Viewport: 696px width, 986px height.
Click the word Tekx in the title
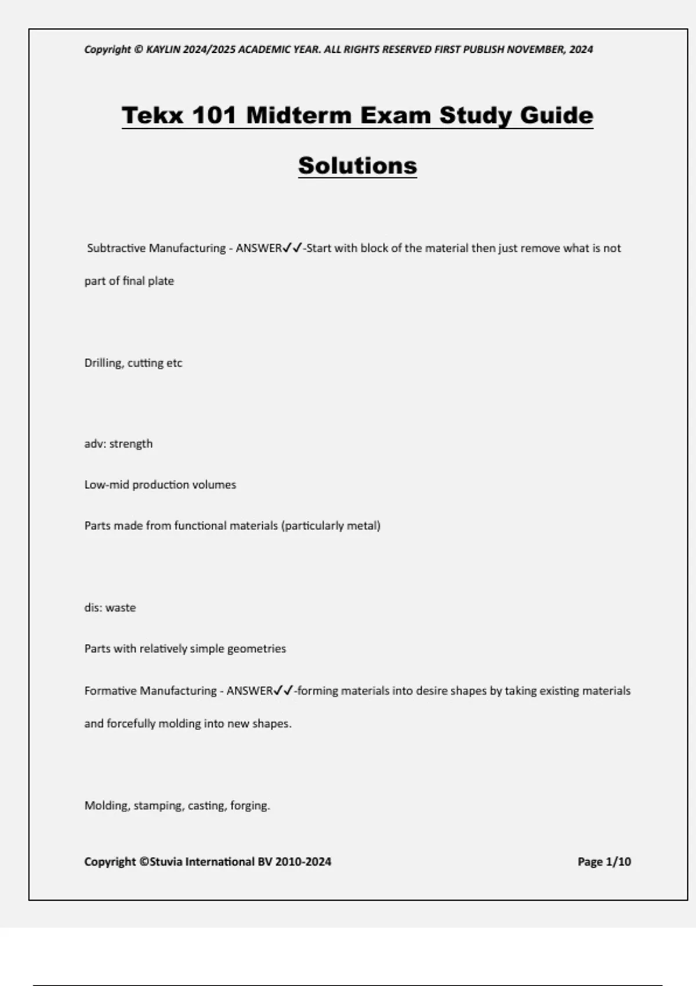tap(151, 115)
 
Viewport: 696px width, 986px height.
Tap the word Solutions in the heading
tap(357, 165)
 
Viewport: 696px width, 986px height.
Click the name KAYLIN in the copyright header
tap(164, 49)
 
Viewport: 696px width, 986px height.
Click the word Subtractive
tap(116, 248)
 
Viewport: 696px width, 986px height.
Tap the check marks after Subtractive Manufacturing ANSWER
tap(292, 248)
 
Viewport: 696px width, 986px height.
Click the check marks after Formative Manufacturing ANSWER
tap(284, 691)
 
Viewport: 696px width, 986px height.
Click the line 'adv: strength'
tap(118, 444)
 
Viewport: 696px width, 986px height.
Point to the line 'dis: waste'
tap(110, 608)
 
